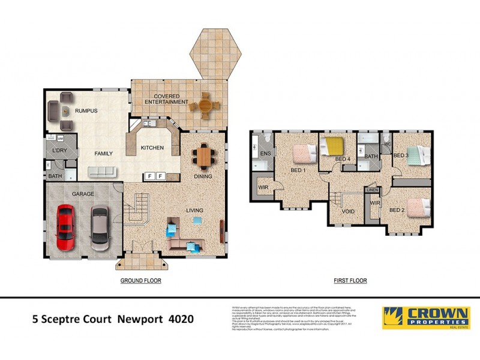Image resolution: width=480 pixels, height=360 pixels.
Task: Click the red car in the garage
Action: [x=65, y=227]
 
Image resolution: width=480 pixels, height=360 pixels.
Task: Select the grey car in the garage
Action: [x=100, y=229]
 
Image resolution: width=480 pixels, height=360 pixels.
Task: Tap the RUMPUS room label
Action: [x=86, y=111]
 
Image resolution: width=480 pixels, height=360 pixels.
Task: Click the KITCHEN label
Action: [x=152, y=148]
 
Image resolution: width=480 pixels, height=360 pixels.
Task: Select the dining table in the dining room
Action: [x=205, y=157]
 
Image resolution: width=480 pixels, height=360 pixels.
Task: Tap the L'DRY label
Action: [x=59, y=150]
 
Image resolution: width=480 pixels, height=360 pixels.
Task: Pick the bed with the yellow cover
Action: [x=332, y=146]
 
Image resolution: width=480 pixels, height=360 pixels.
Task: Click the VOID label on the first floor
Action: [x=347, y=211]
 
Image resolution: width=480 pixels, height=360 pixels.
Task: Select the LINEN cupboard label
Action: [x=373, y=190]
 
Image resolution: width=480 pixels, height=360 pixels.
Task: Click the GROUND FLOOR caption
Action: [x=141, y=280]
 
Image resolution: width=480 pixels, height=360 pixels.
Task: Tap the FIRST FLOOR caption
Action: [x=350, y=280]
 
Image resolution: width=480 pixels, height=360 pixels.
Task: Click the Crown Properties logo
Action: [x=426, y=318]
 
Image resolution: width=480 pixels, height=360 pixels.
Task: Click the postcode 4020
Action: [x=181, y=319]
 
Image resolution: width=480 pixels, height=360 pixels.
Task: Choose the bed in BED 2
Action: [x=418, y=204]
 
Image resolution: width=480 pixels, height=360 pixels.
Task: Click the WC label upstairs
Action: [x=387, y=145]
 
